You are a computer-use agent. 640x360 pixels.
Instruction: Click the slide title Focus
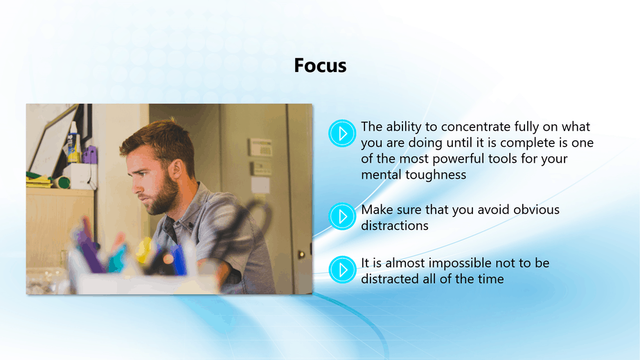[320, 65]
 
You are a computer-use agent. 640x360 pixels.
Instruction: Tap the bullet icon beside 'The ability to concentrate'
[342, 133]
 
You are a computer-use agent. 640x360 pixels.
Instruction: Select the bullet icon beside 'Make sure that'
[342, 216]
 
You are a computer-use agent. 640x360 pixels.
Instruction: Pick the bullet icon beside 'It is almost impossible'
[342, 270]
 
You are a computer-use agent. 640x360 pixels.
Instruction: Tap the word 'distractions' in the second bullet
[395, 226]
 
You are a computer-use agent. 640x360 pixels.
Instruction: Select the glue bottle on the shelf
[74, 143]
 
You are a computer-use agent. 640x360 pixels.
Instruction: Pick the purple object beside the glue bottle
[90, 154]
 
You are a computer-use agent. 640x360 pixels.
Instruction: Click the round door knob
[301, 255]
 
